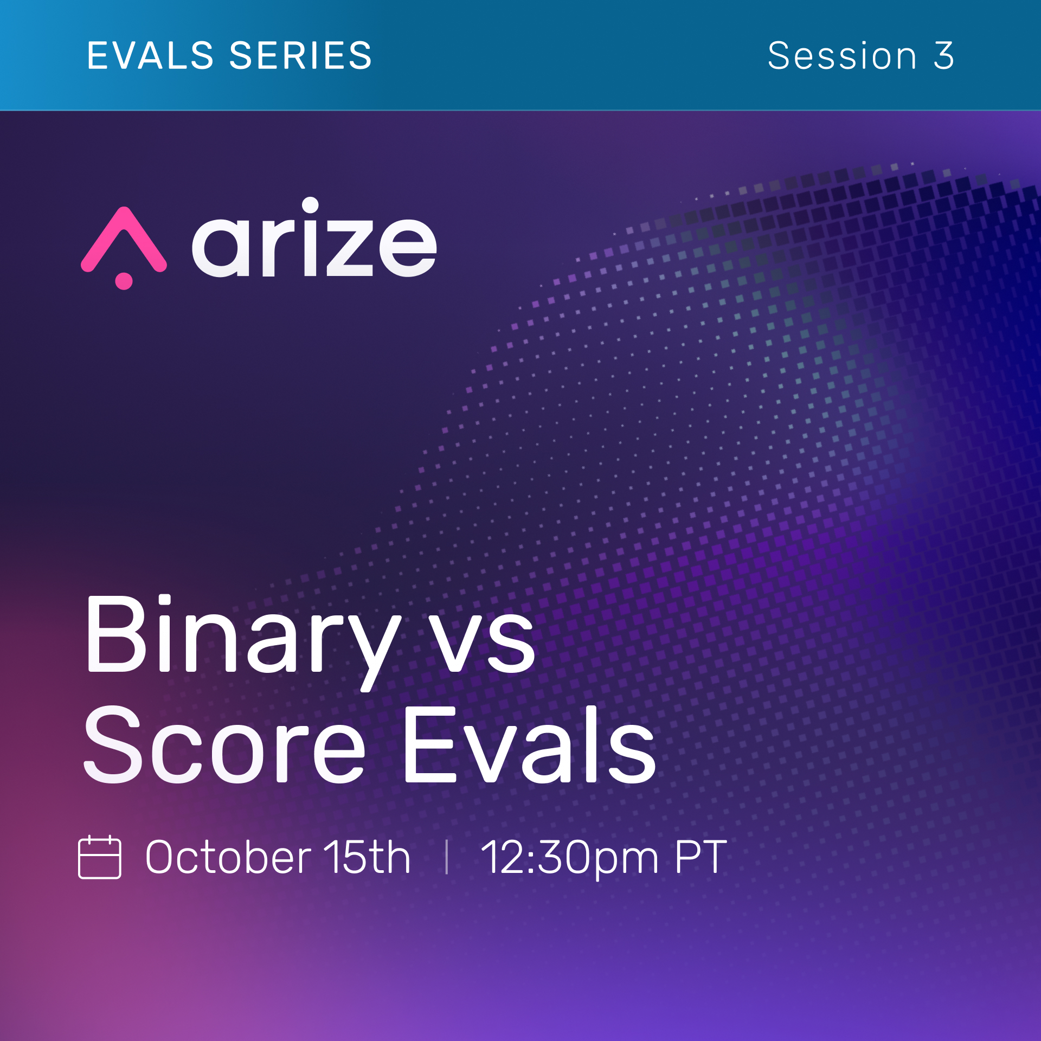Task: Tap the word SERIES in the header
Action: point(301,55)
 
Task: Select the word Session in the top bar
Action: point(842,55)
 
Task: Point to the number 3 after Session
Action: point(943,55)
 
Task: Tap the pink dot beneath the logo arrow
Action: point(124,281)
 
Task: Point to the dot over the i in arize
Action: point(310,205)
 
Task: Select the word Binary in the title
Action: point(243,642)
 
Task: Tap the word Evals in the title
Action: point(529,744)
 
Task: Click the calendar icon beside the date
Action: point(100,857)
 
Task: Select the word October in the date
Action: point(228,857)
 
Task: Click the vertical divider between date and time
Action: point(447,857)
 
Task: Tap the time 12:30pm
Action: point(569,859)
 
